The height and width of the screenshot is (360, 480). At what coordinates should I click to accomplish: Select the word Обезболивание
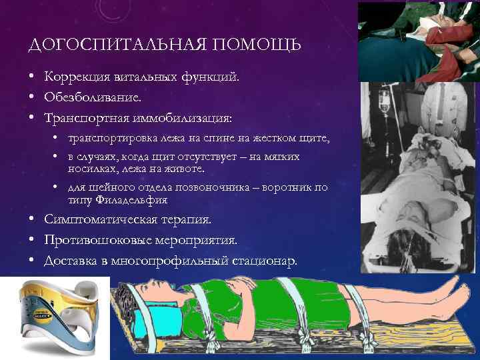pos(93,97)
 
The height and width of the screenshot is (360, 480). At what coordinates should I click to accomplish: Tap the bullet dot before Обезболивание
pos(32,97)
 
